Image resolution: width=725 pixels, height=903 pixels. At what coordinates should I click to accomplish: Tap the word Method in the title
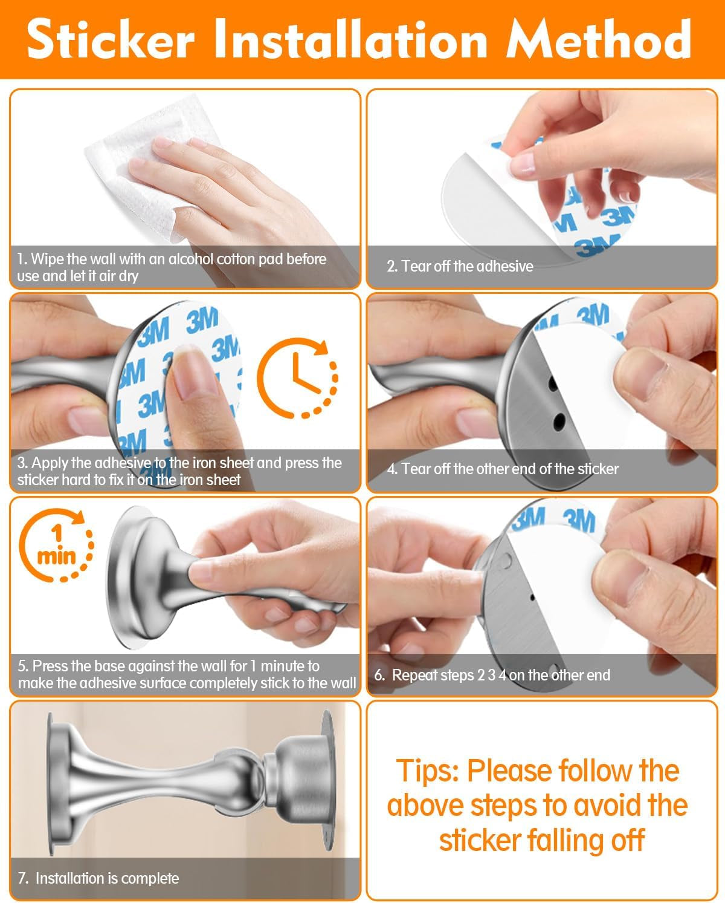pyautogui.click(x=598, y=39)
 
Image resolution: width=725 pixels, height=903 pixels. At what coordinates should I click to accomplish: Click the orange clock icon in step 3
pyautogui.click(x=297, y=377)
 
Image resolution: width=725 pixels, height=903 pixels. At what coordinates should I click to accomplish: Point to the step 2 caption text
pyautogui.click(x=460, y=266)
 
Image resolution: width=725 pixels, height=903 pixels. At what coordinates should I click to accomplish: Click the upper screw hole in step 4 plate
pyautogui.click(x=553, y=383)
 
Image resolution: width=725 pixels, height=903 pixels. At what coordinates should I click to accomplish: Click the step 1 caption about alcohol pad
pyautogui.click(x=172, y=267)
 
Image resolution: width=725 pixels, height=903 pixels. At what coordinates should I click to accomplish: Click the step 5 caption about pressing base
pyautogui.click(x=186, y=674)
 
